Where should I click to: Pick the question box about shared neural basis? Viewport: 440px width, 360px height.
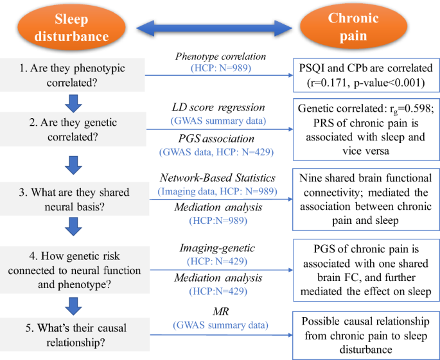pos(73,201)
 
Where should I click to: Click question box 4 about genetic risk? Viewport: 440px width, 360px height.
pos(73,269)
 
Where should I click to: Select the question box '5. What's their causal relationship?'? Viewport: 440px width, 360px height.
pos(73,336)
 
